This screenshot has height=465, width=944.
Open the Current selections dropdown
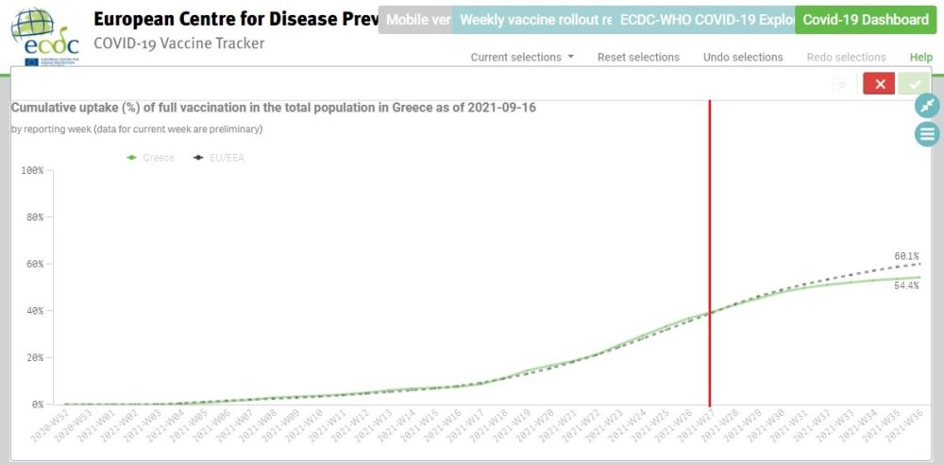(522, 58)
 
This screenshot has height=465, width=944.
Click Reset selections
(638, 58)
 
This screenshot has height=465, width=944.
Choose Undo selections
(743, 58)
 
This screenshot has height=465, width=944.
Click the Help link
(920, 58)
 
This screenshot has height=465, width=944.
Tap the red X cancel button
(879, 84)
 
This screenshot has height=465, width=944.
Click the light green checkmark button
(914, 84)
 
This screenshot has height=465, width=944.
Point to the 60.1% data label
(906, 256)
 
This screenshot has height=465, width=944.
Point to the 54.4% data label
(906, 285)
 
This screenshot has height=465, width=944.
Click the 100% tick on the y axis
(31, 171)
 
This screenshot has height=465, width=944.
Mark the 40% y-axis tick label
(33, 311)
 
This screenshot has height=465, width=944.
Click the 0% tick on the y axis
(36, 405)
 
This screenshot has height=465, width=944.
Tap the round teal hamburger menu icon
(927, 134)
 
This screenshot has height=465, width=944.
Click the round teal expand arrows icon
(927, 105)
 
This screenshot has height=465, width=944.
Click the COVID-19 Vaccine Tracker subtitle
(179, 43)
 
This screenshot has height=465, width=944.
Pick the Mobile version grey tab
(414, 20)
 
